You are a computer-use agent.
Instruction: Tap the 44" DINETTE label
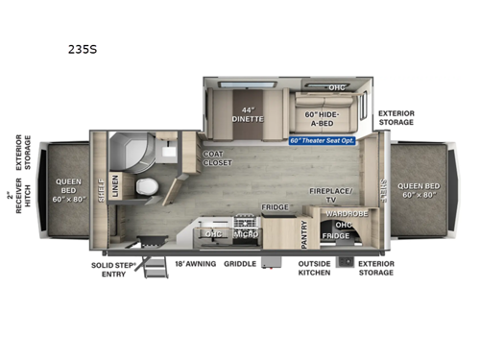242,115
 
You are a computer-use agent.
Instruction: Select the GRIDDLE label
239,261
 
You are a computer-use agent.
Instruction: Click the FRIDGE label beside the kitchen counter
276,207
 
